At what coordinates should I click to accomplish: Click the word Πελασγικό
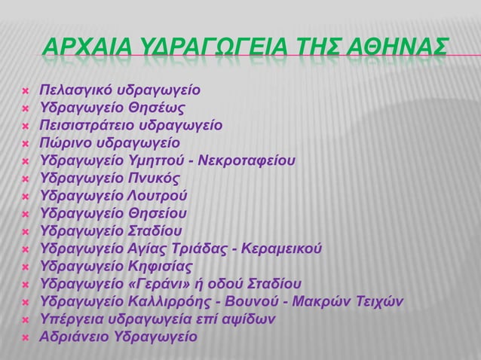click(78, 91)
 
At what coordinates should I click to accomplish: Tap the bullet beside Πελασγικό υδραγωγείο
click(25, 92)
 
